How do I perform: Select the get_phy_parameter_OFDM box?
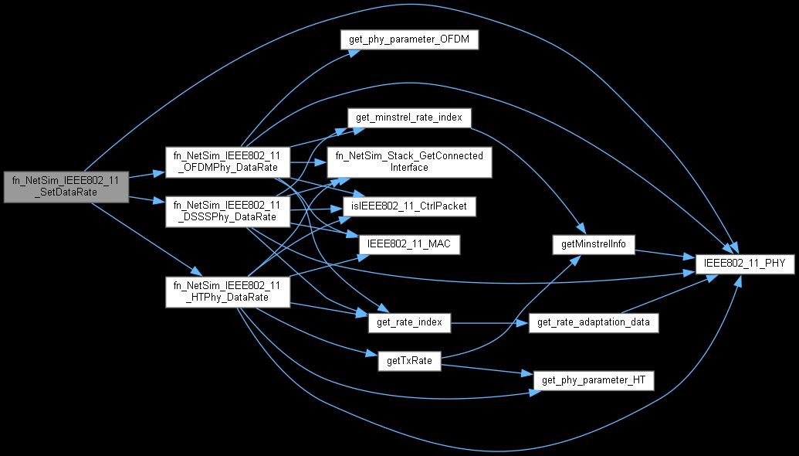click(408, 40)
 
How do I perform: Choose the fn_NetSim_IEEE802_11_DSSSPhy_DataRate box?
click(228, 211)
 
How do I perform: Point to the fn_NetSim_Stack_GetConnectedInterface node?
click(408, 161)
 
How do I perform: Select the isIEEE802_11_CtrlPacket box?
click(410, 206)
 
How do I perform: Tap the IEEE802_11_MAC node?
click(410, 244)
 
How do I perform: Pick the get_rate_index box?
click(410, 322)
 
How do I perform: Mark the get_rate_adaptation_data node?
click(593, 322)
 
